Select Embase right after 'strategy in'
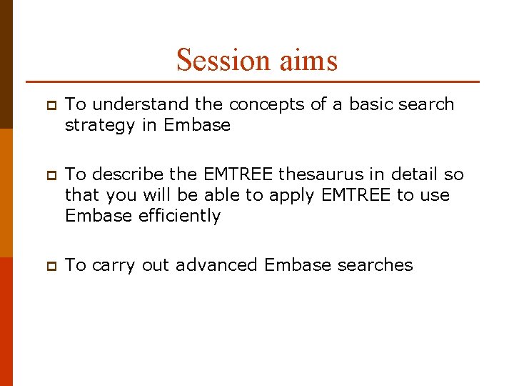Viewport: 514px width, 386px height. tap(197, 125)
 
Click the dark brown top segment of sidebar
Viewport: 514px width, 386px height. tap(6, 64)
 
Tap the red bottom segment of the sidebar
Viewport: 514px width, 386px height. tap(6, 322)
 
